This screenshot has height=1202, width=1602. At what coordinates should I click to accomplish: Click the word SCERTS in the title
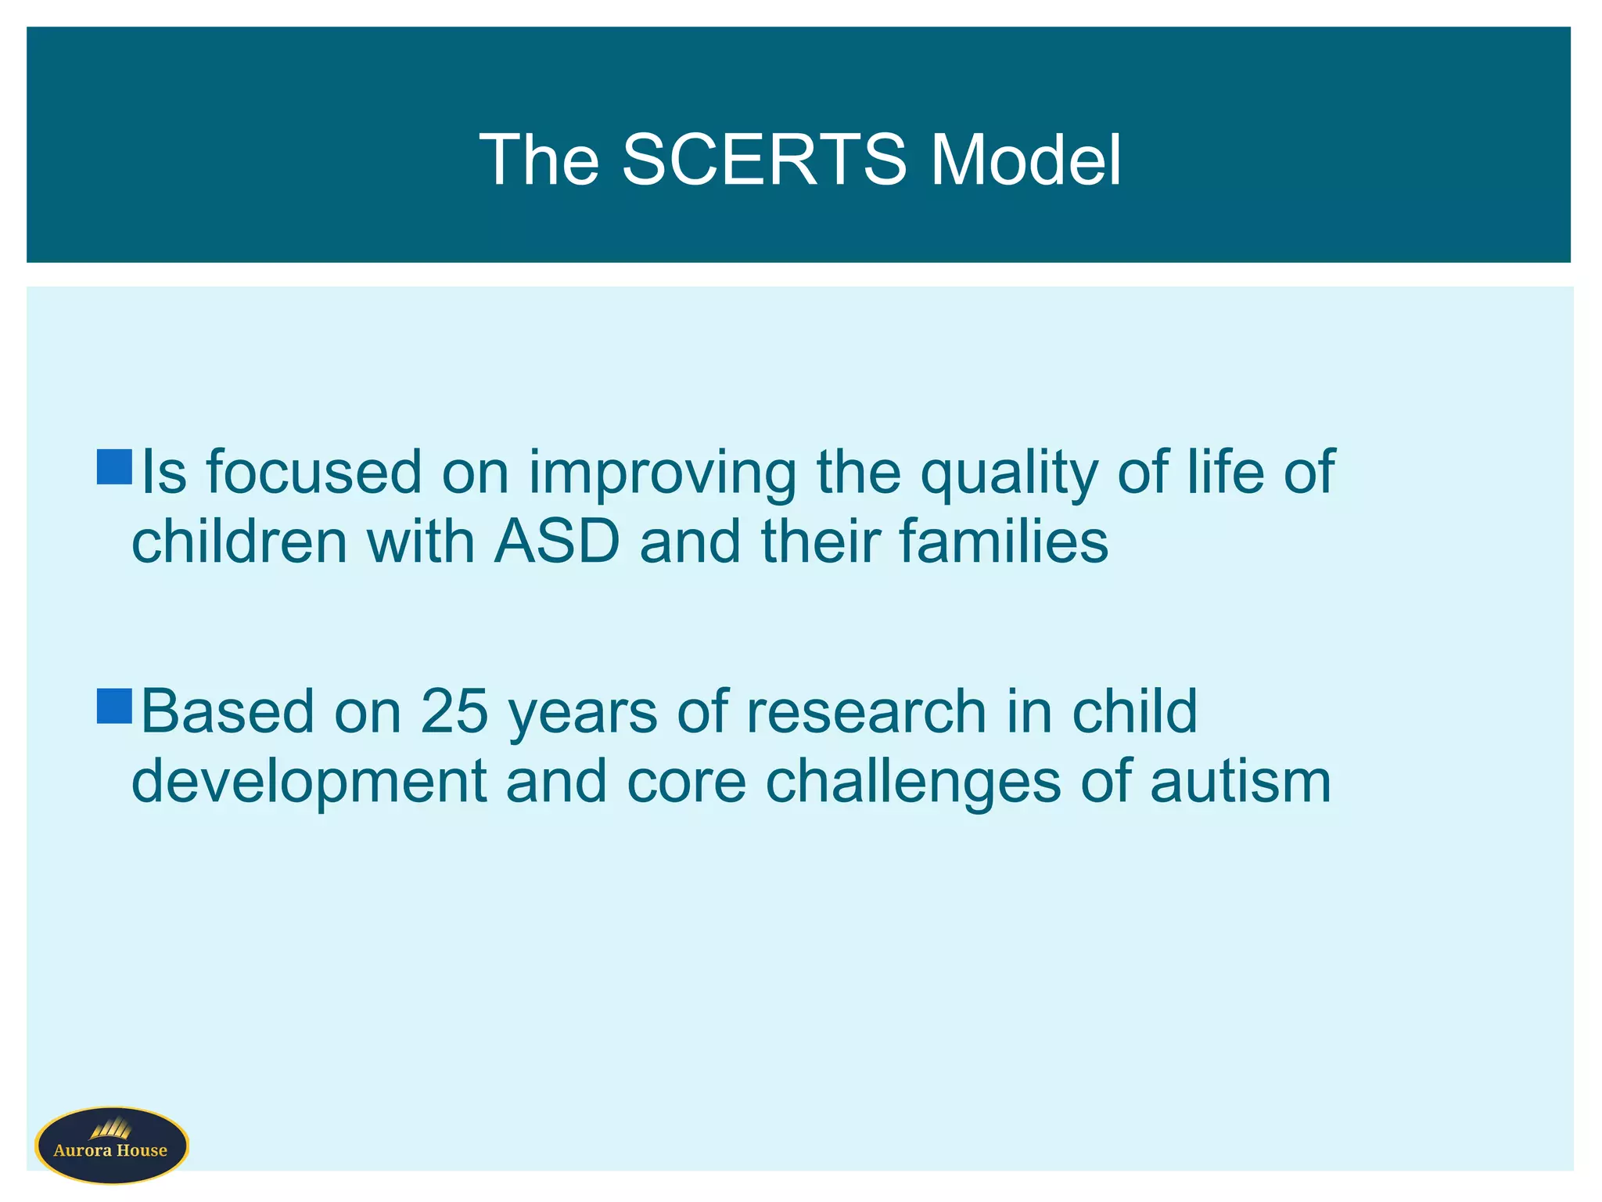[x=764, y=160]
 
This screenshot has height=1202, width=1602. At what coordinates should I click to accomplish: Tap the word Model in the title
[x=1025, y=160]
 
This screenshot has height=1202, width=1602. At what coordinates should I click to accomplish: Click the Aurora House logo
[x=112, y=1145]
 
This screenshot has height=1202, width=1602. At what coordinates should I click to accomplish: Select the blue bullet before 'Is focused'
[x=114, y=467]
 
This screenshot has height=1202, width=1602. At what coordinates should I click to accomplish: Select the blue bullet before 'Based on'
[x=114, y=706]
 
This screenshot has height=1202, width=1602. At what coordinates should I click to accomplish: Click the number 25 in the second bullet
[x=454, y=711]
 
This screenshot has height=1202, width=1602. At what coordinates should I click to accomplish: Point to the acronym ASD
[x=557, y=542]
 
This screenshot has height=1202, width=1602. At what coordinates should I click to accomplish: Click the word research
[x=866, y=711]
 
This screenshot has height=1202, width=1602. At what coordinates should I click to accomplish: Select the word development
[x=310, y=783]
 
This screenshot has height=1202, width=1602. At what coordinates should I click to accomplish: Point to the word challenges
[x=912, y=783]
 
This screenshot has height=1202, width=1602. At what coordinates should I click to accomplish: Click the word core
[x=686, y=783]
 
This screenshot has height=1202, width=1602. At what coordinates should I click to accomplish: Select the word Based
[x=227, y=711]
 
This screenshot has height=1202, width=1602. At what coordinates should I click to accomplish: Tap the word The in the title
[x=539, y=160]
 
